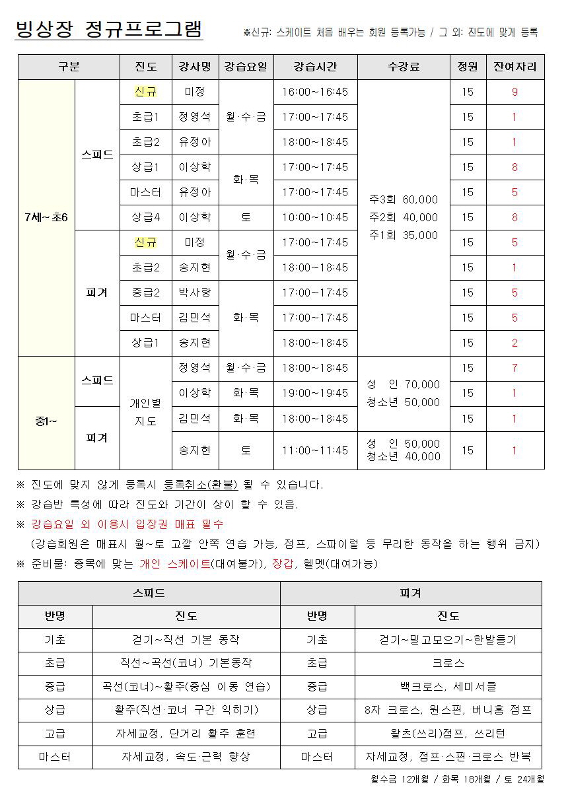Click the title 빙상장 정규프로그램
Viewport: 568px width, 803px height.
point(108,29)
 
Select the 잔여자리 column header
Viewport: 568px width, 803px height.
point(515,67)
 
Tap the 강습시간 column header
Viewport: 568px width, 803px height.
point(315,67)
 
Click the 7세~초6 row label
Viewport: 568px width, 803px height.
point(46,217)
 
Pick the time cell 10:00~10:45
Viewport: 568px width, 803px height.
point(315,217)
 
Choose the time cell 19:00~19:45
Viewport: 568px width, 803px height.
point(315,393)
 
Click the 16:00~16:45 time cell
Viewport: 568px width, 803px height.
point(315,92)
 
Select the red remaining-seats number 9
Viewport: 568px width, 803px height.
point(515,92)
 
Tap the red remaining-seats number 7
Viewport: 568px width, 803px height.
point(515,368)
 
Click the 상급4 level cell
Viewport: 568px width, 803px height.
point(145,217)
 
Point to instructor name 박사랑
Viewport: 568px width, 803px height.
point(195,293)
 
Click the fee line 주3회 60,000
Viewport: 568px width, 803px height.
point(404,199)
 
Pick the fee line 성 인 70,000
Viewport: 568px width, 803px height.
point(404,384)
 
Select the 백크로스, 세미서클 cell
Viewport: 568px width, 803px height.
point(448,686)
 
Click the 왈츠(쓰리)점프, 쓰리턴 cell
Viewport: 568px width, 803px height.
point(448,733)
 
